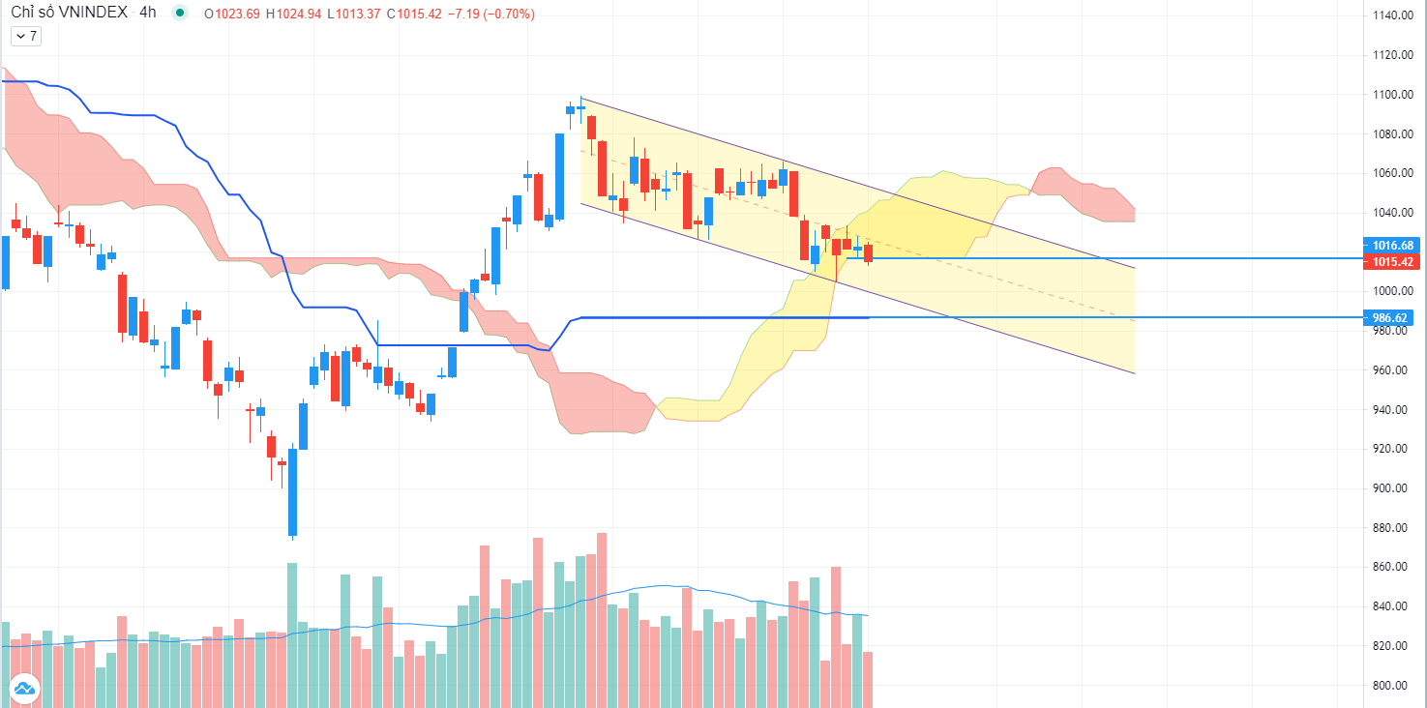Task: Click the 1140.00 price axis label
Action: pyautogui.click(x=1392, y=15)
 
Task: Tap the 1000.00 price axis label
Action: pyautogui.click(x=1392, y=291)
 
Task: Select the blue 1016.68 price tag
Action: pyautogui.click(x=1392, y=246)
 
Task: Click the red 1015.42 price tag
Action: pyautogui.click(x=1392, y=262)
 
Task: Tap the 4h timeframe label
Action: pyautogui.click(x=148, y=14)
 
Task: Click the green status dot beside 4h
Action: pyautogui.click(x=179, y=14)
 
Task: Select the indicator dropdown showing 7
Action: pyautogui.click(x=25, y=36)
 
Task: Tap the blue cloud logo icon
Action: pyautogui.click(x=23, y=689)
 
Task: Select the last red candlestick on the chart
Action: pyautogui.click(x=868, y=253)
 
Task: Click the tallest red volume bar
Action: pyautogui.click(x=602, y=619)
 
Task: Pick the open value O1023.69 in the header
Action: pyautogui.click(x=232, y=15)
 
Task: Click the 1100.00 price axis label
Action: pyautogui.click(x=1392, y=95)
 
